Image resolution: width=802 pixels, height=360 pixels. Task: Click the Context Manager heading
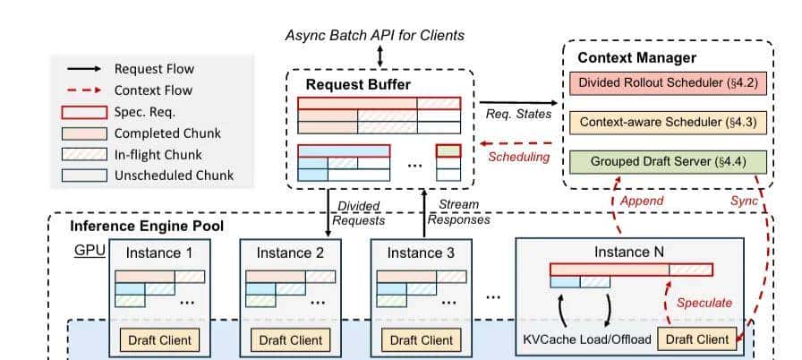pyautogui.click(x=636, y=57)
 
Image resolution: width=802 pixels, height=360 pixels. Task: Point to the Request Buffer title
pyautogui.click(x=356, y=84)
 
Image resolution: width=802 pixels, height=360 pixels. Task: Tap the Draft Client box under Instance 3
pyautogui.click(x=421, y=340)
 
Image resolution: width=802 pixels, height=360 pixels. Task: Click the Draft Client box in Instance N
pyautogui.click(x=697, y=339)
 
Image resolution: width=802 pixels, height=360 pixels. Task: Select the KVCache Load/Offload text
pyautogui.click(x=587, y=339)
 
